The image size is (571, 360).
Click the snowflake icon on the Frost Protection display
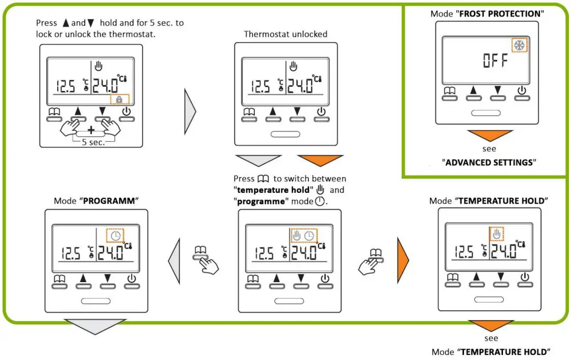tap(519, 46)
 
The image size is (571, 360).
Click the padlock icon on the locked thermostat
tap(119, 99)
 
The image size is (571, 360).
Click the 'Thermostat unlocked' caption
tap(285, 34)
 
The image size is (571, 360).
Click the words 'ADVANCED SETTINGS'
tap(488, 163)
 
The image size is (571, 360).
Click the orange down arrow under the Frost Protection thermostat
tap(489, 137)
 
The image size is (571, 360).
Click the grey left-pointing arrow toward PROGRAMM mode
tap(174, 258)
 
